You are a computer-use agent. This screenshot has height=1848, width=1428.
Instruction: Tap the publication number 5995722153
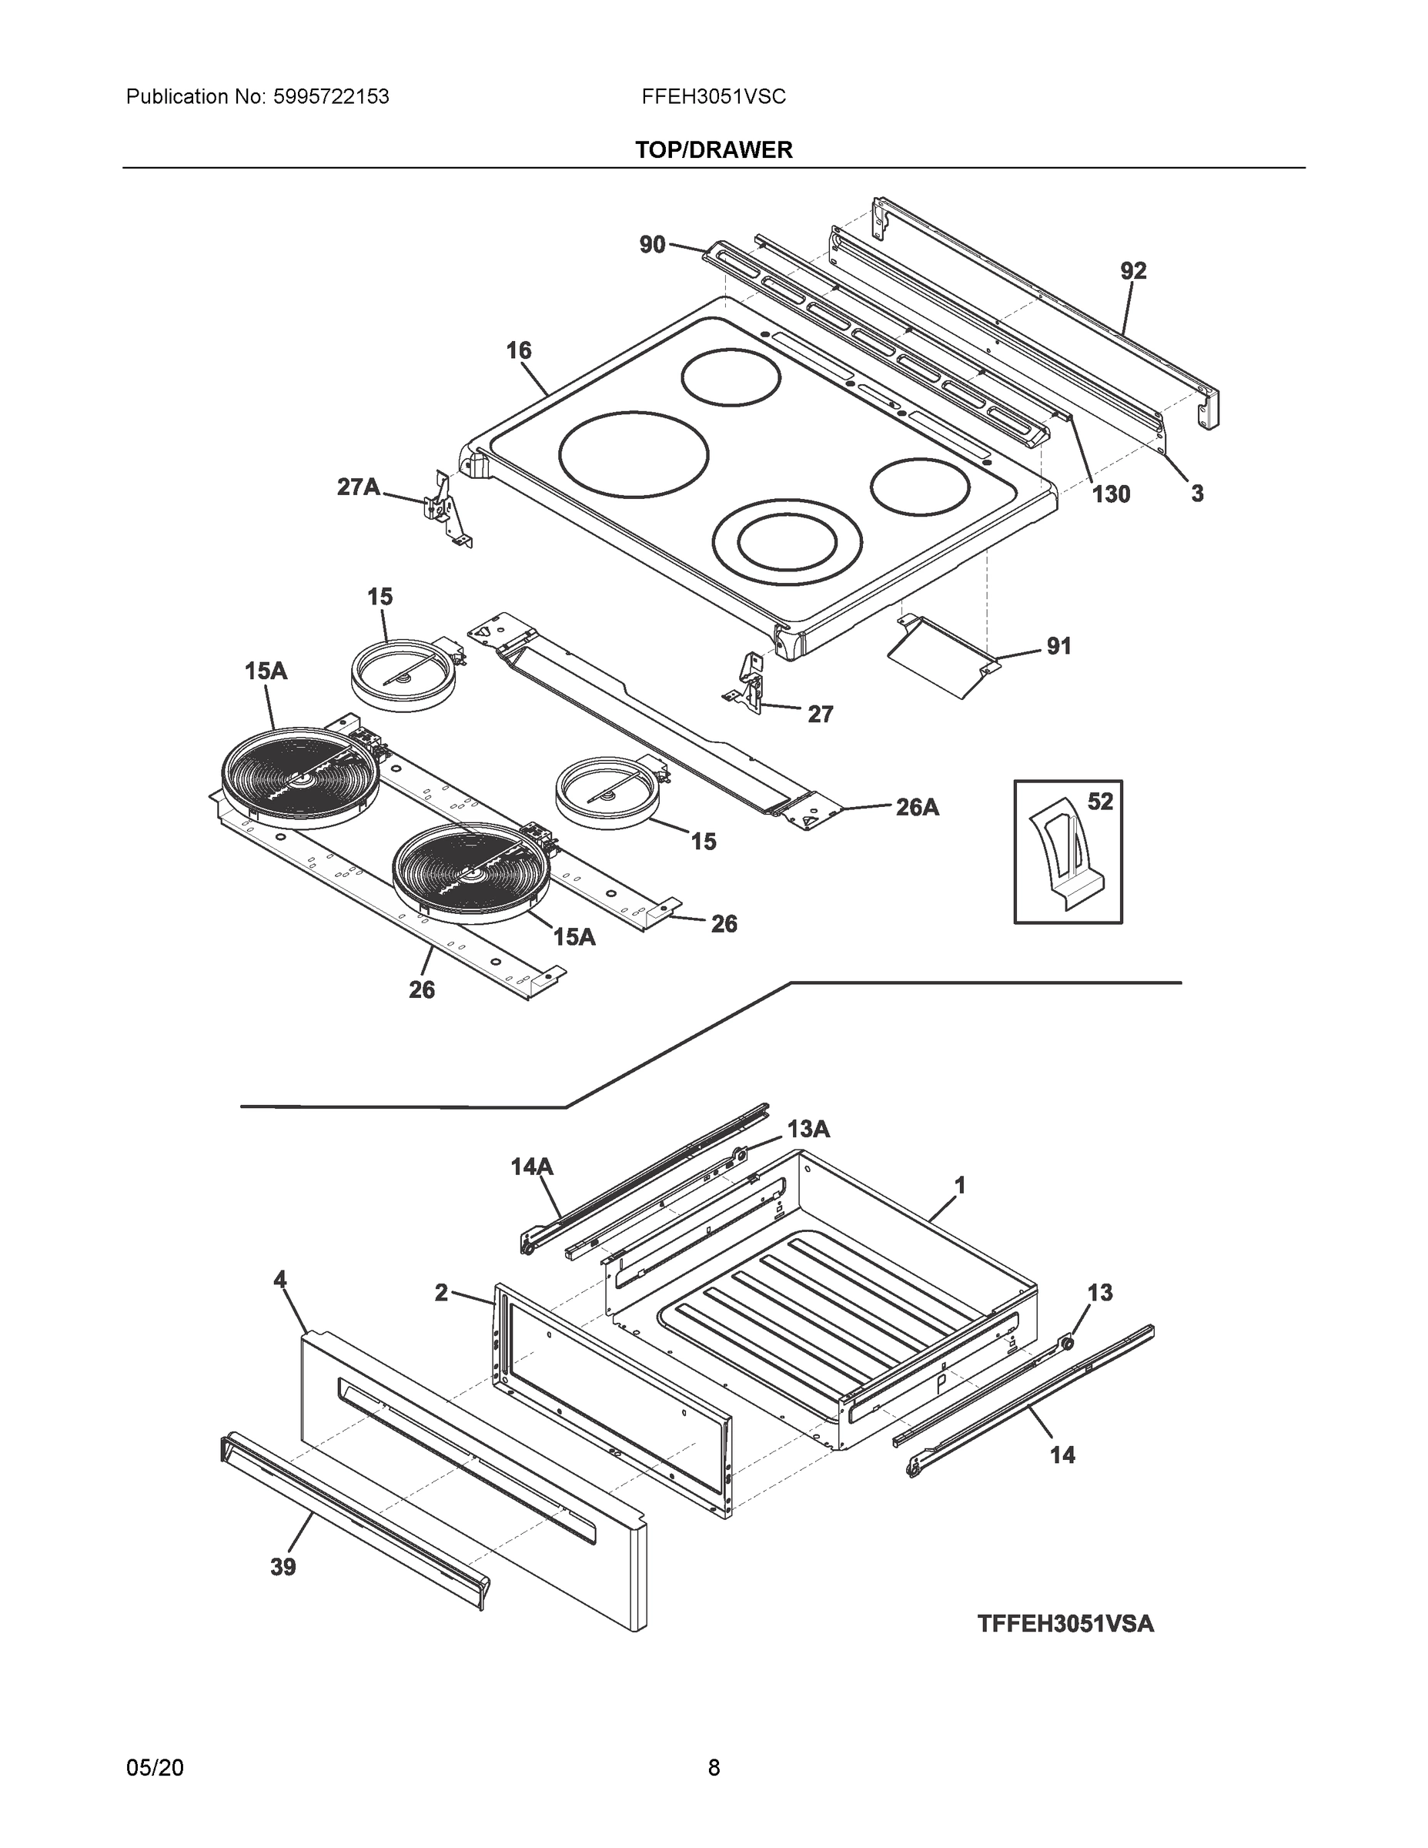[x=331, y=96]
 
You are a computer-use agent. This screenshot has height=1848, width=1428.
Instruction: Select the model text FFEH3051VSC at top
[x=713, y=96]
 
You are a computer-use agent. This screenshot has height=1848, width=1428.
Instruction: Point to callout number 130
[x=1111, y=494]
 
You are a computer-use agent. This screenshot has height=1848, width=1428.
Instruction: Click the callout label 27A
[x=358, y=487]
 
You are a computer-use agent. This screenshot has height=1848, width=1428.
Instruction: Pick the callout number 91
[x=1058, y=647]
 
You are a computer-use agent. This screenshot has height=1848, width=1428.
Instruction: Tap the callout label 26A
[x=917, y=807]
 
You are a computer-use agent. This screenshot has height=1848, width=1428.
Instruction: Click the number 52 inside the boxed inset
[x=1100, y=802]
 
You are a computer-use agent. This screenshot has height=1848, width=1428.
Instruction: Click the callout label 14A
[x=531, y=1167]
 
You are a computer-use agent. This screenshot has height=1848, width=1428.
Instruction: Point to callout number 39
[x=283, y=1568]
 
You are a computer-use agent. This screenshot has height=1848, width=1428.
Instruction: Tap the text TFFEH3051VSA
[x=1065, y=1624]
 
